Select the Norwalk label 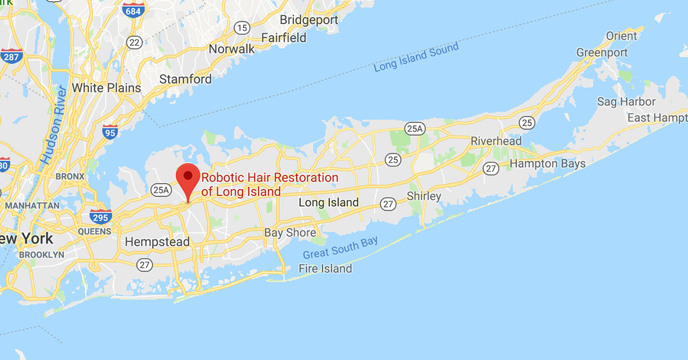click(x=231, y=49)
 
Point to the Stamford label click(x=185, y=79)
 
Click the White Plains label click(x=106, y=88)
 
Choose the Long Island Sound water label click(x=416, y=57)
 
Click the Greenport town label click(x=602, y=53)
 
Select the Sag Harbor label click(x=626, y=101)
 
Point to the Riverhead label click(x=496, y=141)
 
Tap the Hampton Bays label click(x=548, y=164)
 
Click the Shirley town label click(x=424, y=196)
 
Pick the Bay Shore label click(x=290, y=233)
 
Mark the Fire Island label click(x=325, y=268)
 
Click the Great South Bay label click(x=341, y=246)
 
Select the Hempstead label click(x=157, y=242)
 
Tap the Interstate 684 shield click(x=132, y=10)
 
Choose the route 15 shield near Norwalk click(x=243, y=27)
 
